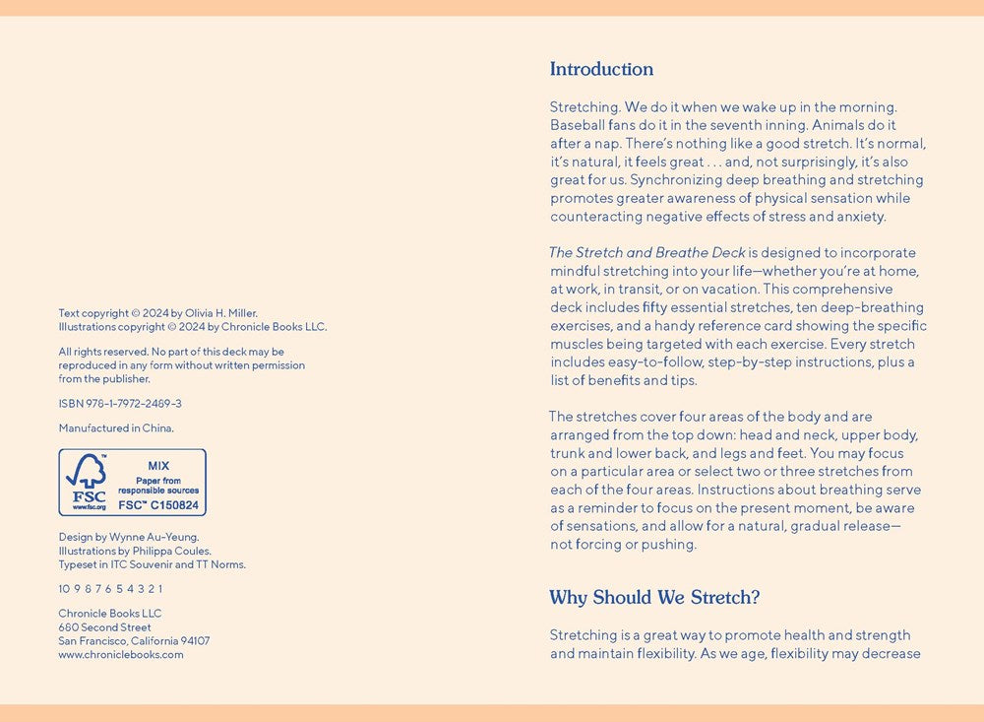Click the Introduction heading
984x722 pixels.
(x=601, y=69)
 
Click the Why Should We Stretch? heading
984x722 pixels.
(x=654, y=597)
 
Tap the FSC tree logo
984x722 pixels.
(x=87, y=472)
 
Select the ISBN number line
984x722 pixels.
(x=120, y=404)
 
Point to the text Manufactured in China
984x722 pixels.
(x=116, y=428)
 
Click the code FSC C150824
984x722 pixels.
(x=158, y=505)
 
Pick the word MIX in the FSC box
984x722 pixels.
(x=158, y=466)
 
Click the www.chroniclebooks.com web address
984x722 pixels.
(x=121, y=654)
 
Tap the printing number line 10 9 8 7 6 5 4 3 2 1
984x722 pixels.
(x=110, y=589)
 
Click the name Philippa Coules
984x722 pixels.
(x=175, y=552)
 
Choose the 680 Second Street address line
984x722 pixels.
(x=104, y=627)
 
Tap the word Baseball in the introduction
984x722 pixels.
(x=577, y=125)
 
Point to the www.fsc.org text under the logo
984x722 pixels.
(x=89, y=506)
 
